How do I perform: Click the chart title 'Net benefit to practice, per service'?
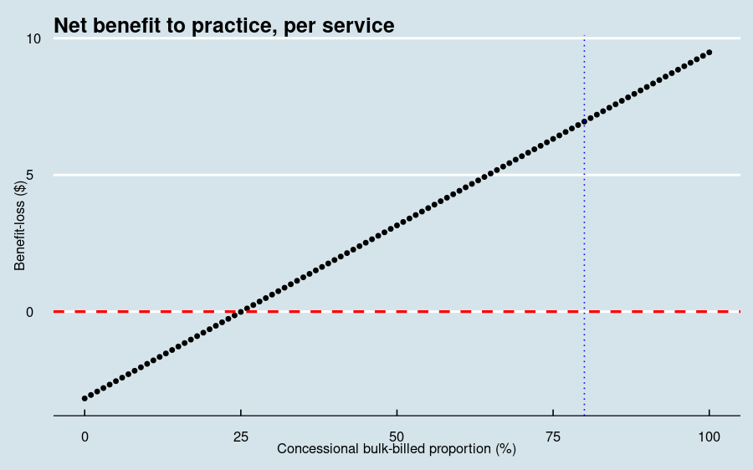223,26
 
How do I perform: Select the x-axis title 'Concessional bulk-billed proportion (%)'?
396,449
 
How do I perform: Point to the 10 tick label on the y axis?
33,38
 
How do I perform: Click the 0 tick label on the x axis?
85,437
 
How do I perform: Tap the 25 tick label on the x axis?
241,437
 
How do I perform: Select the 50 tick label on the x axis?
397,437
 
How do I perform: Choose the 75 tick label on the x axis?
553,437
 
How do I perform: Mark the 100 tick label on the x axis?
709,437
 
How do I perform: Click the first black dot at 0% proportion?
85,398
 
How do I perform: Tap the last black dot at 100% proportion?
709,52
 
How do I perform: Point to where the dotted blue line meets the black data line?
584,121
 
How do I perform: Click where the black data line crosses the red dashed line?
241,312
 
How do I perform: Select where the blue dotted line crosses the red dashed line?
584,312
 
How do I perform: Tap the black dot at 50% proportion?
397,225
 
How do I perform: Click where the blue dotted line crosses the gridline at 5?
584,175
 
